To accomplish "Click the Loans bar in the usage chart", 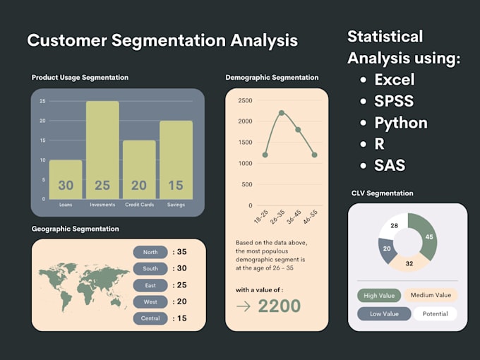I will tap(66, 180).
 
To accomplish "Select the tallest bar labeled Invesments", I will tap(102, 150).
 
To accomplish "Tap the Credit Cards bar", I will tap(139, 169).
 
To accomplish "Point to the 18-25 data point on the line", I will tap(265, 155).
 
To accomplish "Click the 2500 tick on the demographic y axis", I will tap(244, 100).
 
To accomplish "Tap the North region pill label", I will tap(150, 252).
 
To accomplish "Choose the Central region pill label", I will tap(150, 318).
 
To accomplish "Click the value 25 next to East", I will tap(181, 285).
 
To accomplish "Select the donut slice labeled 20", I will tap(387, 249).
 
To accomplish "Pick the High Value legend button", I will tap(379, 296).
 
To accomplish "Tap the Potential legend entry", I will tap(435, 314).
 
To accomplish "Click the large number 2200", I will tap(279, 306).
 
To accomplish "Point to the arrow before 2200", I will tap(244, 306).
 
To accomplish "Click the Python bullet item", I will tap(400, 123).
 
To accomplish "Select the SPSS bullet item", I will tap(394, 101).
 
